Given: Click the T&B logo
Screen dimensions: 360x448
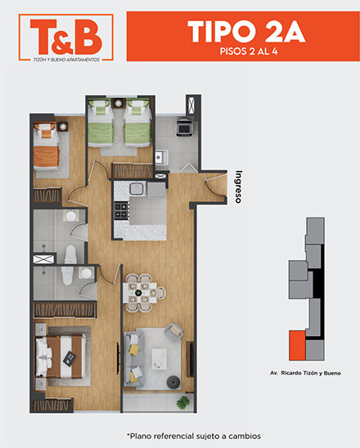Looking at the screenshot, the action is pyautogui.click(x=66, y=38).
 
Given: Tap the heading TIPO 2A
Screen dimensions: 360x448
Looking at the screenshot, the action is pyautogui.click(x=246, y=31).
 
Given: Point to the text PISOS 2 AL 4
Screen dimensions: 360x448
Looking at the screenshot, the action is pyautogui.click(x=249, y=52).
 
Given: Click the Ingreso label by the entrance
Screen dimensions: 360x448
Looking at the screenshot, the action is pyautogui.click(x=238, y=186).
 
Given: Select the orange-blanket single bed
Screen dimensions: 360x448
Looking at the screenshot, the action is pyautogui.click(x=47, y=146).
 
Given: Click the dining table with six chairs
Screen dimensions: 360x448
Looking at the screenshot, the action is pyautogui.click(x=142, y=293).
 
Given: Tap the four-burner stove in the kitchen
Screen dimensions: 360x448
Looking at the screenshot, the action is pyautogui.click(x=122, y=210).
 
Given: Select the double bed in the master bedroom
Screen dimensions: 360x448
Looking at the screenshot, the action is pyautogui.click(x=61, y=356).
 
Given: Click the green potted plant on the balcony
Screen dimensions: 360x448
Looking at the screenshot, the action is pyautogui.click(x=183, y=403).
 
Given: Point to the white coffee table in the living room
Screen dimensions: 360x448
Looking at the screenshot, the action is pyautogui.click(x=160, y=359).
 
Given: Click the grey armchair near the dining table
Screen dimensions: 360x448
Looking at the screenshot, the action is pyautogui.click(x=173, y=332).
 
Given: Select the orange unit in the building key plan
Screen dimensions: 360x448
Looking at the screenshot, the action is pyautogui.click(x=297, y=345).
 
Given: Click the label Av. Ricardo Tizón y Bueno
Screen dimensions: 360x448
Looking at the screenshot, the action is pyautogui.click(x=305, y=373).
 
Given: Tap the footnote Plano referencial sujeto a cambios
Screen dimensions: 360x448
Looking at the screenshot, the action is pyautogui.click(x=194, y=437).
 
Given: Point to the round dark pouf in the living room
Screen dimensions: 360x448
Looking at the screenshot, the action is pyautogui.click(x=173, y=383).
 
